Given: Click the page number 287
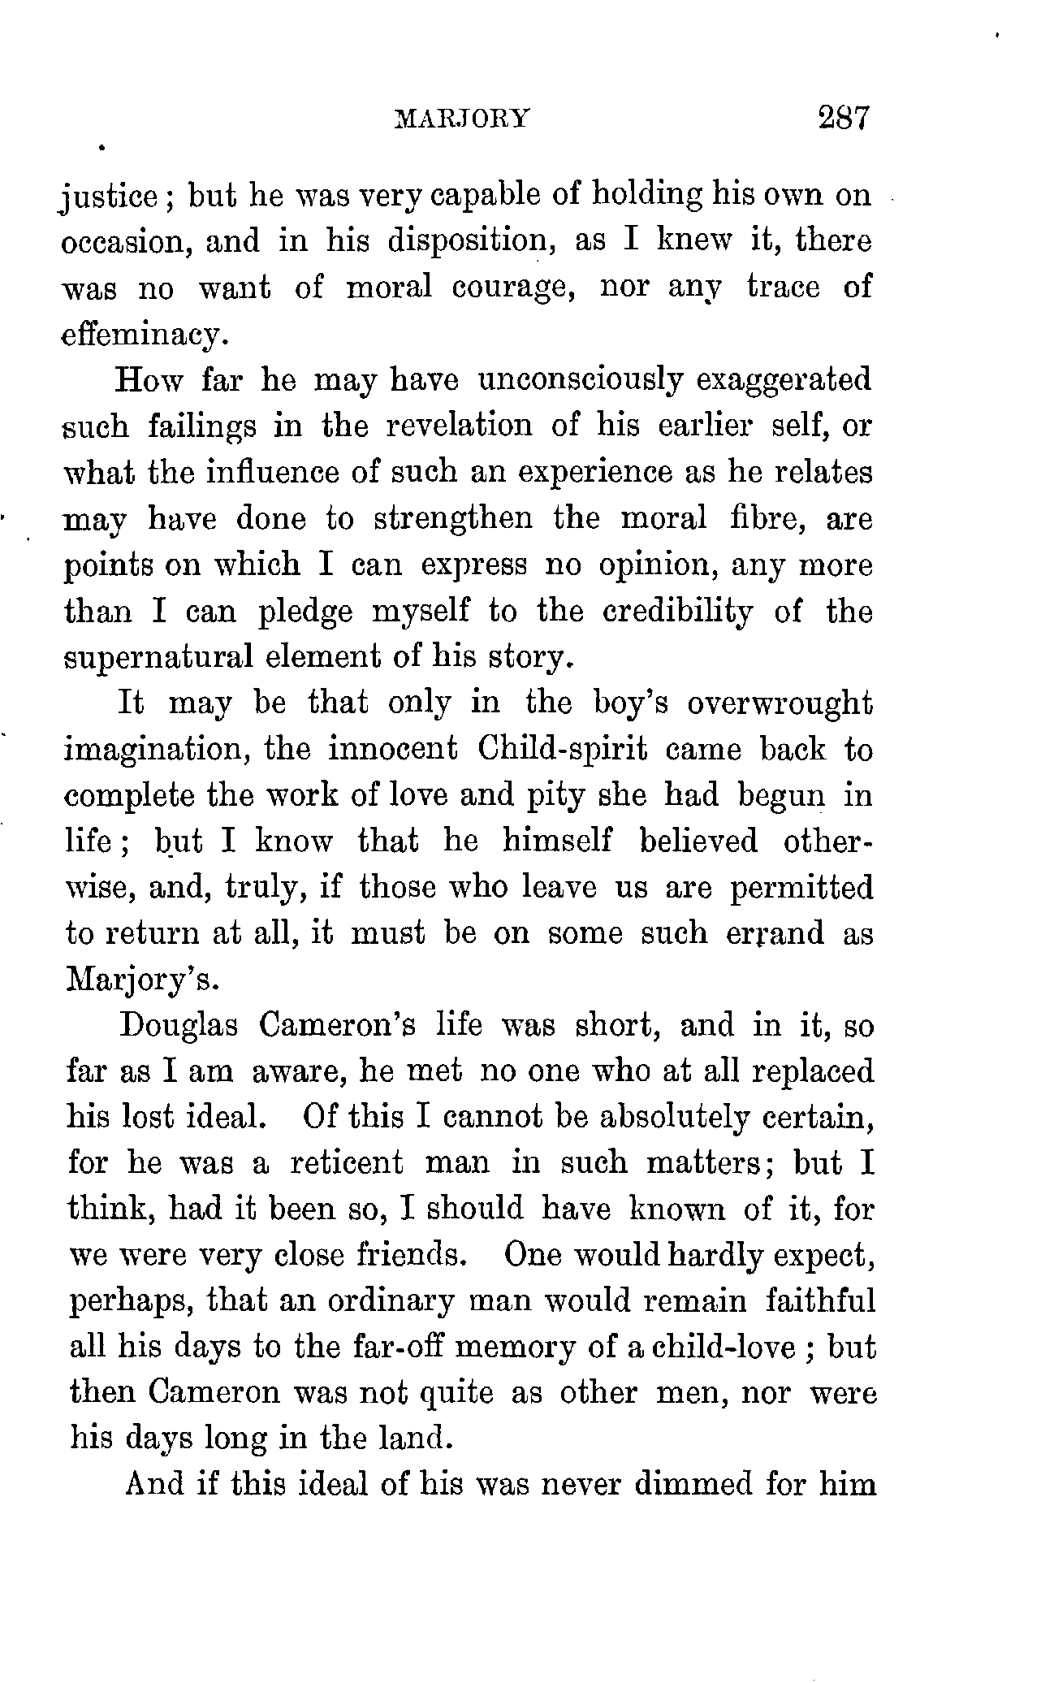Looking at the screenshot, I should click(844, 118).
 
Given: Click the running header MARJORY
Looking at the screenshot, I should click(461, 119).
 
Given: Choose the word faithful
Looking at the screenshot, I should click(820, 1301).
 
